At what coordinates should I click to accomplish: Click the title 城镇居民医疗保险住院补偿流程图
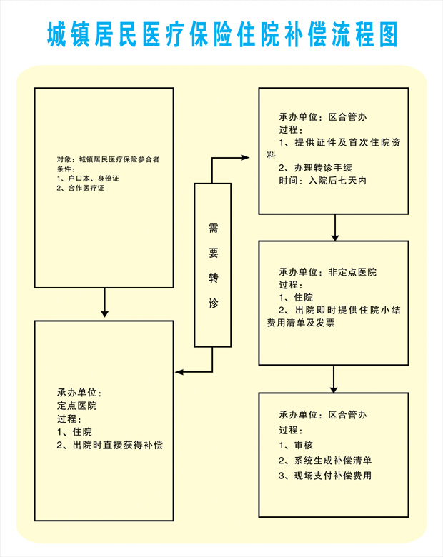(221, 34)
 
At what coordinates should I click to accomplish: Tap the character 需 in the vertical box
(213, 228)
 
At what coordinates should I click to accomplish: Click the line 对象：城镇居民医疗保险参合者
(108, 159)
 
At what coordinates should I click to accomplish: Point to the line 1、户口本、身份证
(87, 178)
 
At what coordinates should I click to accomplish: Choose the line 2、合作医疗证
(81, 188)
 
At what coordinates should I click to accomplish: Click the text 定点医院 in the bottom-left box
(76, 406)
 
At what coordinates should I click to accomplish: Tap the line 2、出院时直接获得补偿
(110, 446)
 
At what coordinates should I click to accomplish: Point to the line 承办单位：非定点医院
(327, 272)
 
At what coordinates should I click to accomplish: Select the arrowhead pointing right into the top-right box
(247, 157)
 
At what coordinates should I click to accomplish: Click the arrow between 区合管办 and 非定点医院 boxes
(334, 227)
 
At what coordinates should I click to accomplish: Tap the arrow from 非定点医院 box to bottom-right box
(334, 379)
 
